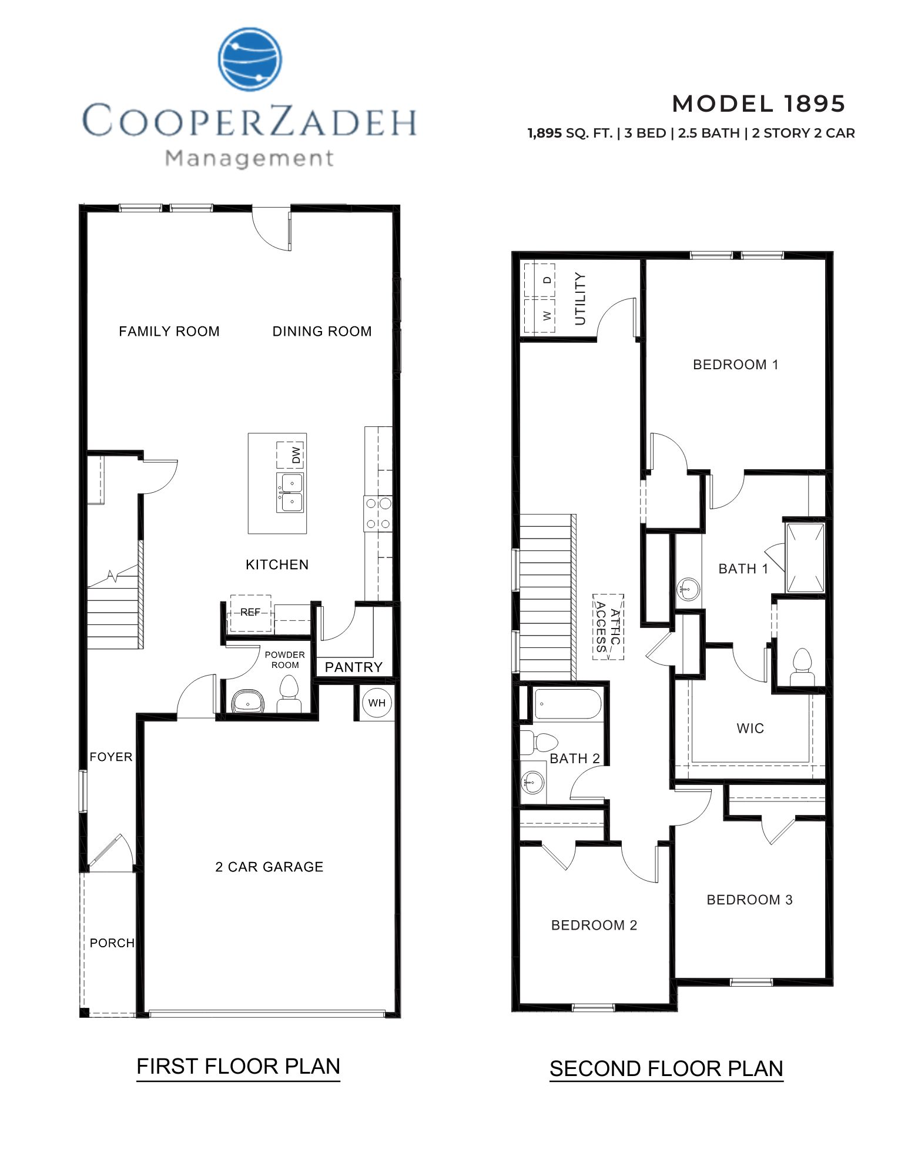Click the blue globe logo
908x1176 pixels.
coord(250,59)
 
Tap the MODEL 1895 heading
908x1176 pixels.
coord(758,104)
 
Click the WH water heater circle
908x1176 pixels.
coord(377,703)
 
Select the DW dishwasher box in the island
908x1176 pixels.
coord(290,455)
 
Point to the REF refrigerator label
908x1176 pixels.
coord(250,613)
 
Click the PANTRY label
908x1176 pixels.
coord(353,667)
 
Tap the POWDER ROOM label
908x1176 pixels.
coord(284,660)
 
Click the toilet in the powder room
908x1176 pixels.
coord(288,695)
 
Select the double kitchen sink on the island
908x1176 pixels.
coord(290,493)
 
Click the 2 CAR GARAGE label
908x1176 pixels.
coord(269,867)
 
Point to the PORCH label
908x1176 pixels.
coord(112,943)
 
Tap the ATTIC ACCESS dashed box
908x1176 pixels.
coord(608,627)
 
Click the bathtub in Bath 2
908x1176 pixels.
coord(567,704)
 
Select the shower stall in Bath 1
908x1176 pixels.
coord(806,557)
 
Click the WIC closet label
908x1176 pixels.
coord(750,729)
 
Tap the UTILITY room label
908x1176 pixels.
coord(580,298)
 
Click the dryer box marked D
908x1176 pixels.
coord(547,280)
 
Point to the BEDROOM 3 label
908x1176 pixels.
coord(749,900)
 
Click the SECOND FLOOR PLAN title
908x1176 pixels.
coord(666,1068)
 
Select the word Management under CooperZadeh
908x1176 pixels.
coord(250,158)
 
